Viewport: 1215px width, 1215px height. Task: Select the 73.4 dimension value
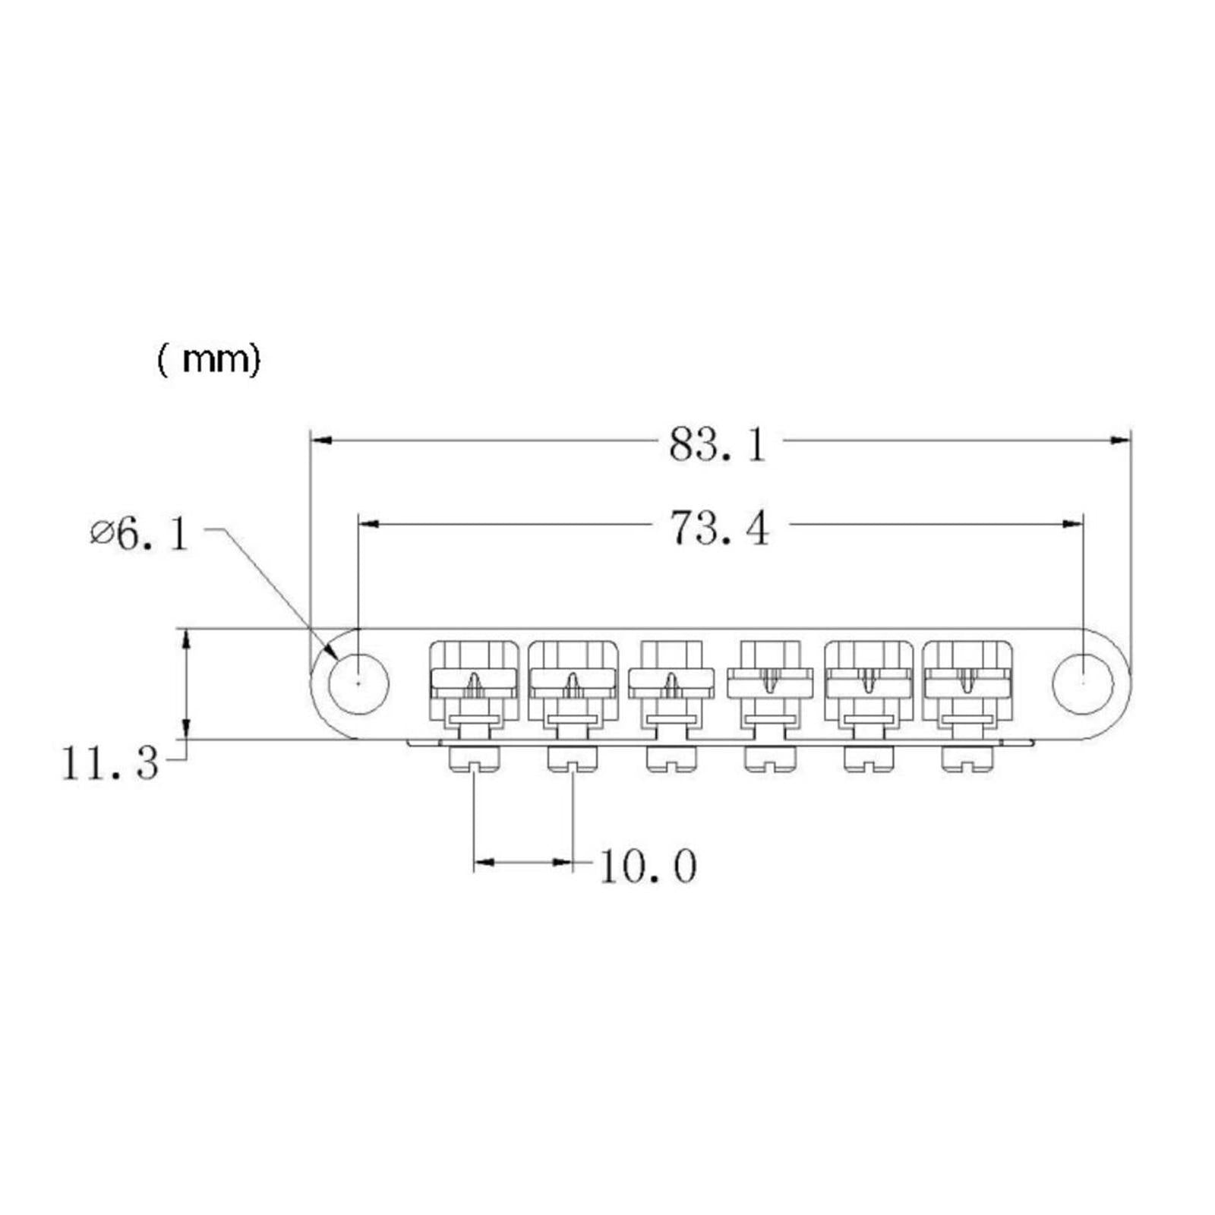pos(720,529)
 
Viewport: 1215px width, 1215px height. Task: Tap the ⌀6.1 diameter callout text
pos(138,535)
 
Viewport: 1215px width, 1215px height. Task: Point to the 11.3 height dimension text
pos(109,763)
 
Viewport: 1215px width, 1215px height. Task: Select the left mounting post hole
pos(358,683)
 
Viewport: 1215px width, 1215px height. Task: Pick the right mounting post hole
pos(1083,683)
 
